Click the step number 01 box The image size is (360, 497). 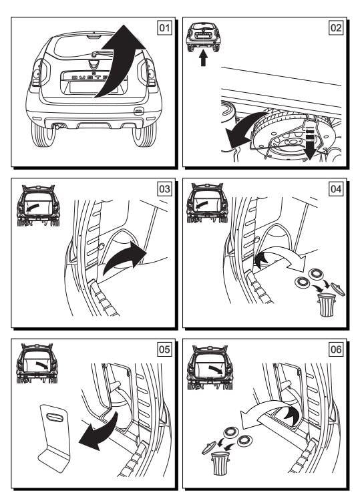click(164, 27)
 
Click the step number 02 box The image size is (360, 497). click(335, 27)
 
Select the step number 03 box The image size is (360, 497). click(164, 189)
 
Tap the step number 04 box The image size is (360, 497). click(335, 189)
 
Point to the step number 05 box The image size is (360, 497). click(164, 349)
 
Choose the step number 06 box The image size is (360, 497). click(335, 349)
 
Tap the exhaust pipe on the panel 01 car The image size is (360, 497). click(58, 127)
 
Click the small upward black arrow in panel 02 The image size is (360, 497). click(203, 58)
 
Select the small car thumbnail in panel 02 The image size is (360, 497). click(203, 37)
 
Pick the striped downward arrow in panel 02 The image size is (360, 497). click(310, 141)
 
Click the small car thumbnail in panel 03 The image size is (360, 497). click(38, 205)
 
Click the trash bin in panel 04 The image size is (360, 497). click(326, 305)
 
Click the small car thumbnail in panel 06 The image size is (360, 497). click(210, 367)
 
